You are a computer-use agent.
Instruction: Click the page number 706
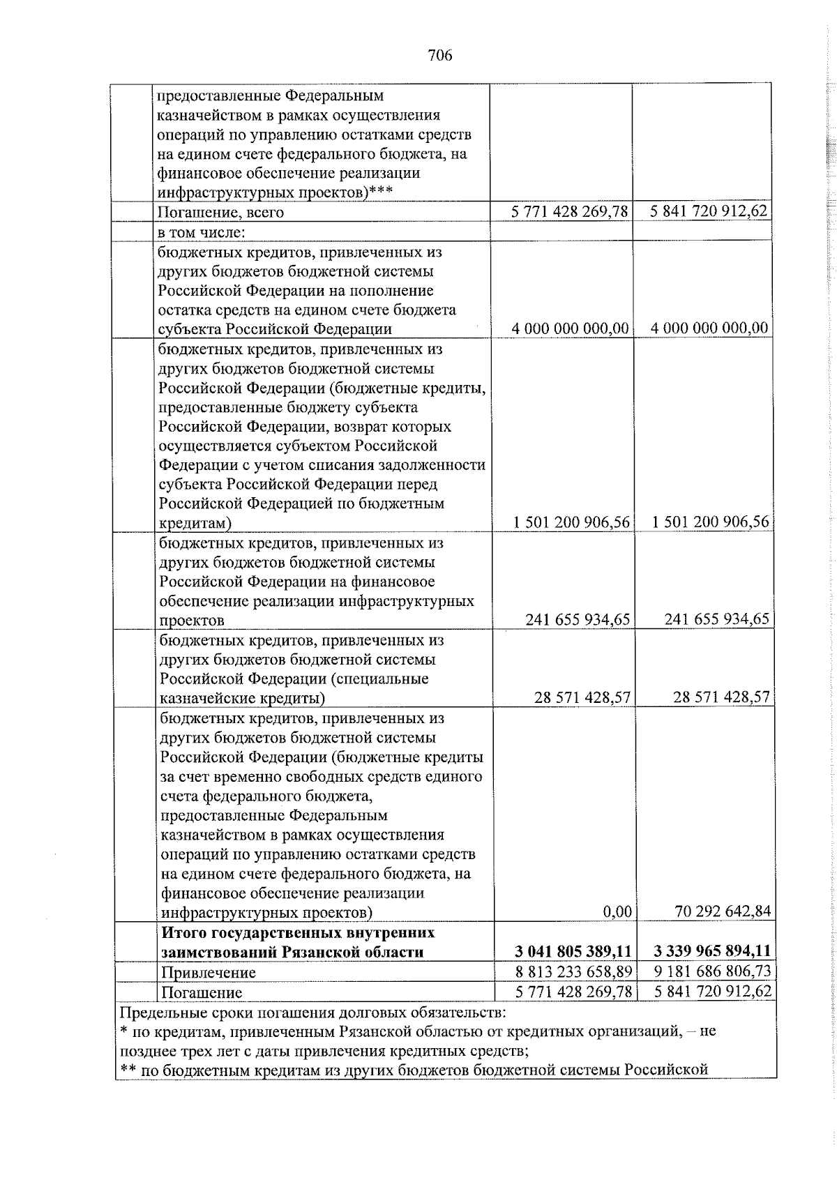tap(440, 55)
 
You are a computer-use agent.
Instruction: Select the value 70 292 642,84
tap(723, 911)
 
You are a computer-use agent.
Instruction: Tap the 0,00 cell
tap(617, 911)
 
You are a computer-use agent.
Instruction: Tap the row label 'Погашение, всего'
tap(220, 213)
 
